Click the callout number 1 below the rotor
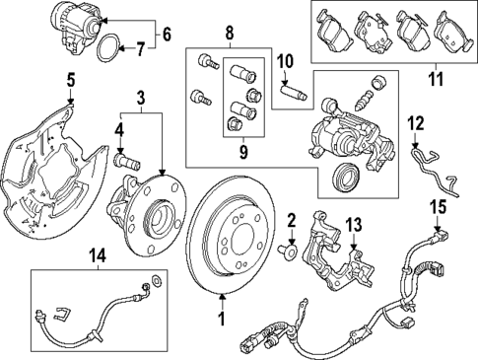222,319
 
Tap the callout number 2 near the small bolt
292,219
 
